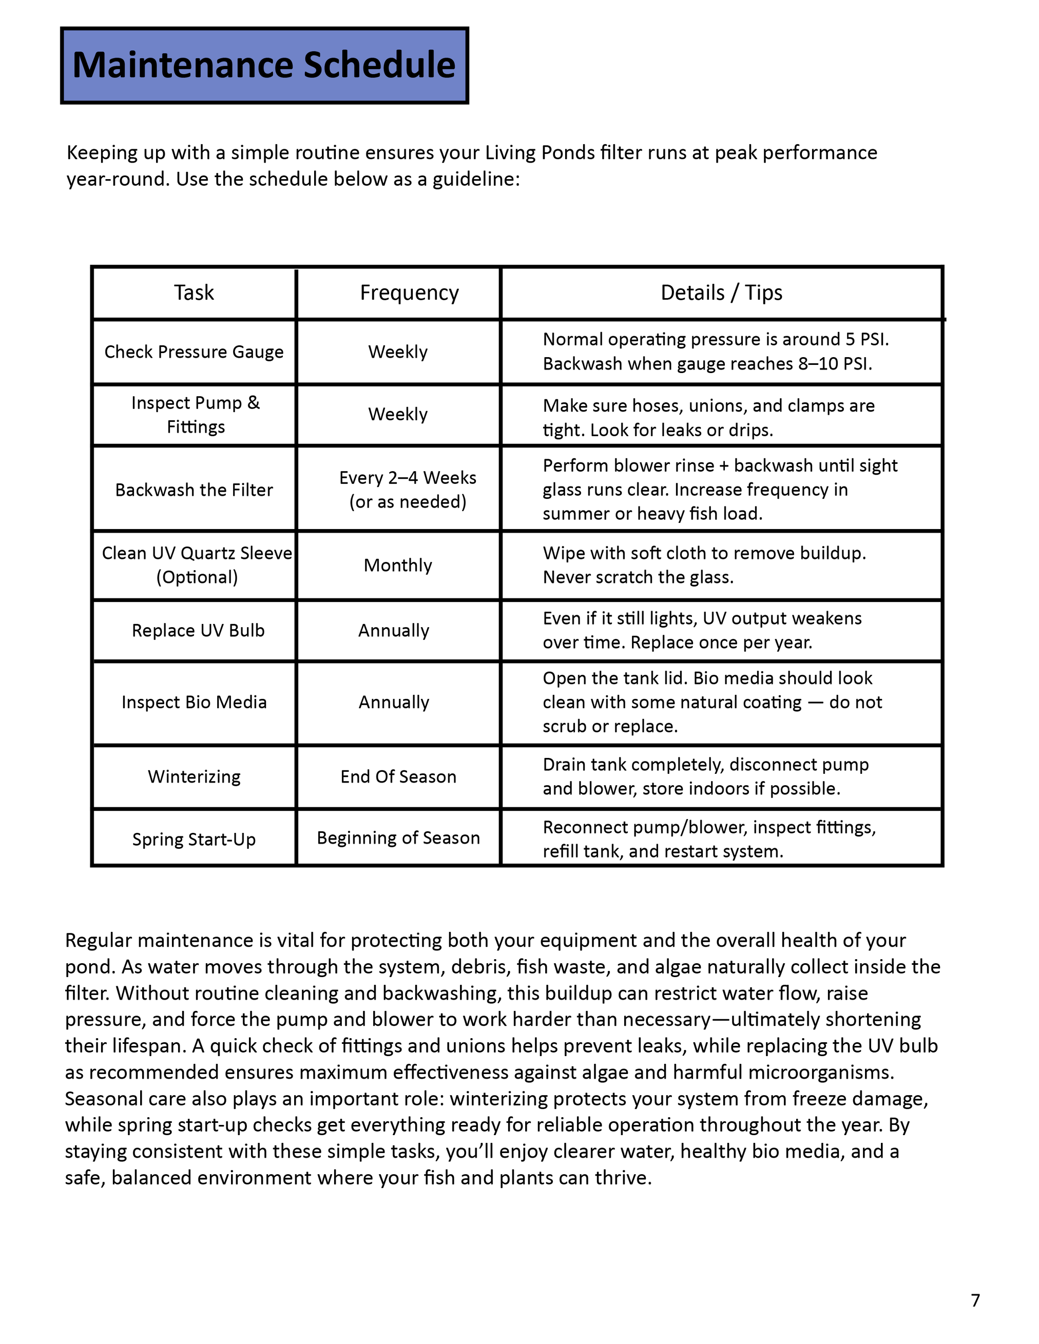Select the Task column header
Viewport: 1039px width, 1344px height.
[x=194, y=293]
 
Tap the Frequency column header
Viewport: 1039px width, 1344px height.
[x=409, y=293]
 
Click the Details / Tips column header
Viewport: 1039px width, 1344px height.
[x=721, y=293]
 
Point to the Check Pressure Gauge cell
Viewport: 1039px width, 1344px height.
[x=194, y=352]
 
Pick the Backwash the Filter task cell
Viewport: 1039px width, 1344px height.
[x=194, y=490]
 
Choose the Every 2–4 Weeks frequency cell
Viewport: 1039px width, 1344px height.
[x=408, y=490]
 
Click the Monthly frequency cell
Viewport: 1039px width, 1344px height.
[x=398, y=566]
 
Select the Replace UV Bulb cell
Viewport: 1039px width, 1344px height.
[x=198, y=631]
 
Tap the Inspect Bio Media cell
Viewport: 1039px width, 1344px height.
[x=194, y=702]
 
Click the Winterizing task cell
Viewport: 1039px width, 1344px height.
[x=194, y=776]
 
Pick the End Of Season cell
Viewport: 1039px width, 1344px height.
[x=398, y=776]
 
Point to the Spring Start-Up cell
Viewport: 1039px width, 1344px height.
[x=194, y=840]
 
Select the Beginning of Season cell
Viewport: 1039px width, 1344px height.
[x=398, y=838]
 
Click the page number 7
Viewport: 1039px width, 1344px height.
[x=975, y=1300]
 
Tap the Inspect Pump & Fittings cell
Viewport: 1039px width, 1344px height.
[x=196, y=415]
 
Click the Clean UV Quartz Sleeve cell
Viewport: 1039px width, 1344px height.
[x=197, y=565]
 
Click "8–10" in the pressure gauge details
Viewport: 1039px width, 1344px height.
[x=818, y=364]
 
